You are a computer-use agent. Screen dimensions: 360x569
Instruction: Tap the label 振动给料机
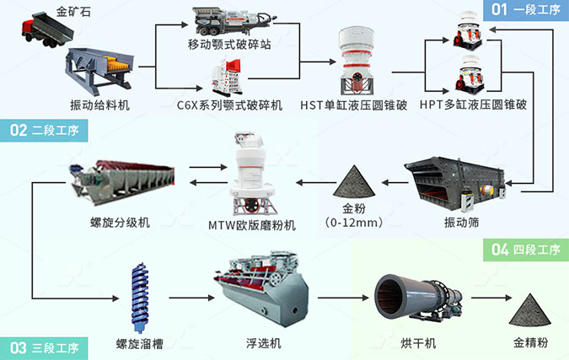99,105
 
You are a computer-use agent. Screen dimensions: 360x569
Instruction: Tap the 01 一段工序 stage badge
520,10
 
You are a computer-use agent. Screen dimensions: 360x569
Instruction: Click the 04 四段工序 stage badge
524,249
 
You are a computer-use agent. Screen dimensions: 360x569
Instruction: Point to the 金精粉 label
530,343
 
